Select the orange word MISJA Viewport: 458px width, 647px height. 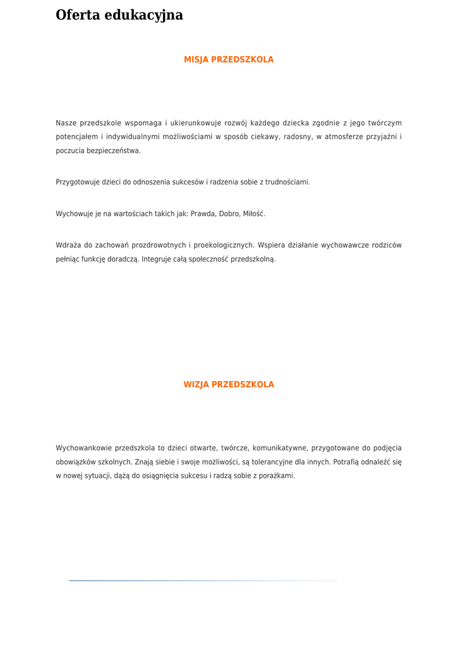(x=196, y=59)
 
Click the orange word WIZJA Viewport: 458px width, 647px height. (x=196, y=384)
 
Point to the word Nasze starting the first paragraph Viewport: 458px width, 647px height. (x=66, y=123)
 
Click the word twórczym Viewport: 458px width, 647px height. (x=385, y=123)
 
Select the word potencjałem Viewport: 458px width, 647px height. (x=76, y=136)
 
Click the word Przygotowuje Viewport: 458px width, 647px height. (x=76, y=182)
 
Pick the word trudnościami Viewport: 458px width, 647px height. (x=289, y=182)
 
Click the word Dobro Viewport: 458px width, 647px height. (x=229, y=214)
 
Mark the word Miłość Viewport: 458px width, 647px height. (x=255, y=214)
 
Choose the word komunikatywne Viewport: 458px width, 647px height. (x=279, y=448)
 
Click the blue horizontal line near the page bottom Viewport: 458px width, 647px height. (x=202, y=580)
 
